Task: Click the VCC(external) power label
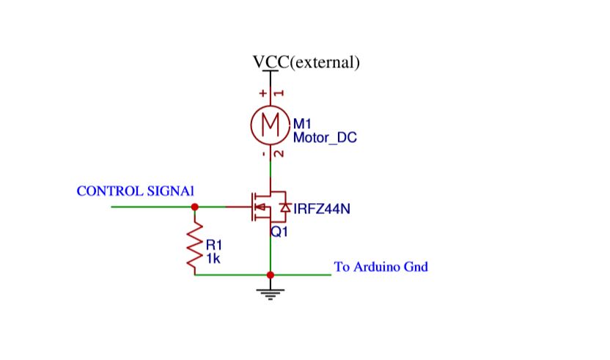coord(306,62)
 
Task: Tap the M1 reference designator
coord(302,124)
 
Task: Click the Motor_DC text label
coord(325,137)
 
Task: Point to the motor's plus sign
coord(263,93)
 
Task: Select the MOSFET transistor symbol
coord(264,207)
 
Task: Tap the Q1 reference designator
coord(279,232)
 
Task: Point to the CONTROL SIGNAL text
coord(135,191)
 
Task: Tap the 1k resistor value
coord(212,257)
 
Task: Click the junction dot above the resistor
coord(195,207)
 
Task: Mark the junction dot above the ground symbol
coord(271,275)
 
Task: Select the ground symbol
coord(271,293)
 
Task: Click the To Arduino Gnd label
coord(381,266)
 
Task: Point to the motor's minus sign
coord(263,155)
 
